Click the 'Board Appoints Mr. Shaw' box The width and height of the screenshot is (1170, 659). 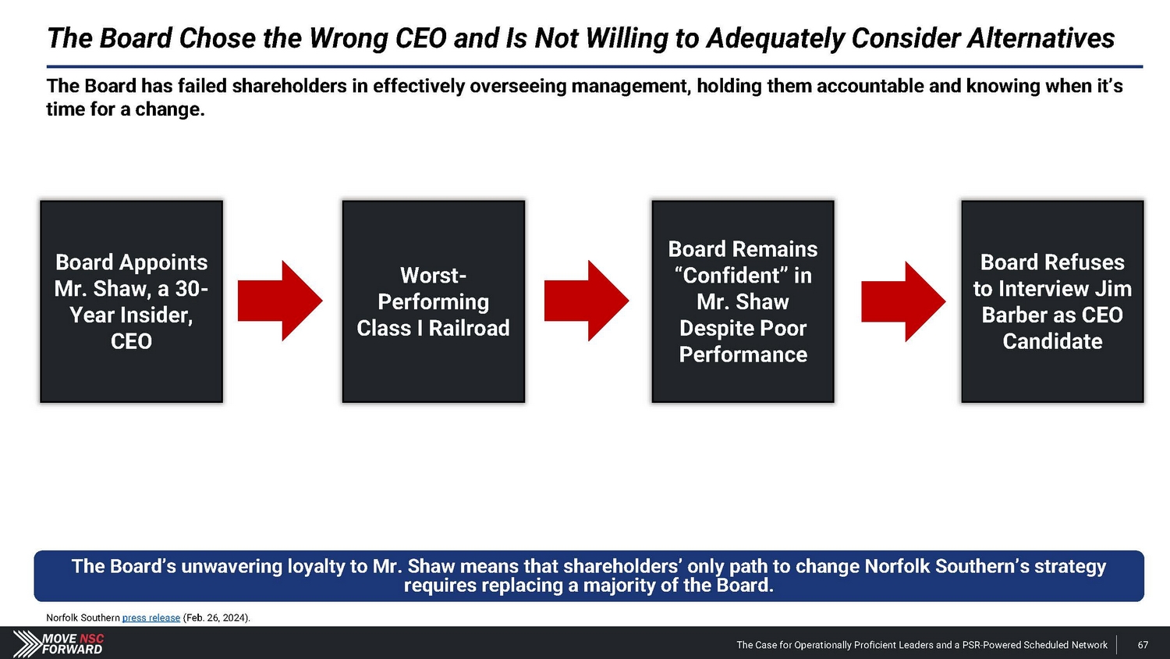(131, 301)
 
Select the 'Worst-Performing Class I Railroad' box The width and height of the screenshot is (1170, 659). (434, 301)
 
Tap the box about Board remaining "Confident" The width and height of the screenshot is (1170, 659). (743, 301)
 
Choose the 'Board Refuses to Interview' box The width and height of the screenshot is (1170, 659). (1052, 301)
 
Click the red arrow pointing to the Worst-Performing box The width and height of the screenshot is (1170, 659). (280, 301)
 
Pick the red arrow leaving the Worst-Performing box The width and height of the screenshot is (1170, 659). (587, 301)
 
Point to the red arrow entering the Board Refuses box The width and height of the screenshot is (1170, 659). (903, 301)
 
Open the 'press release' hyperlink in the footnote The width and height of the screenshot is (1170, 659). (151, 618)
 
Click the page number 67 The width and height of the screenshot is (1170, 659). (1143, 645)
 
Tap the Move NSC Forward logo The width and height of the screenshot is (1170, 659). (58, 644)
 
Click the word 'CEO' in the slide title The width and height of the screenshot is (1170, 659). (421, 38)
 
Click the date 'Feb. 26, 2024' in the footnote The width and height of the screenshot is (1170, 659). (216, 618)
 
